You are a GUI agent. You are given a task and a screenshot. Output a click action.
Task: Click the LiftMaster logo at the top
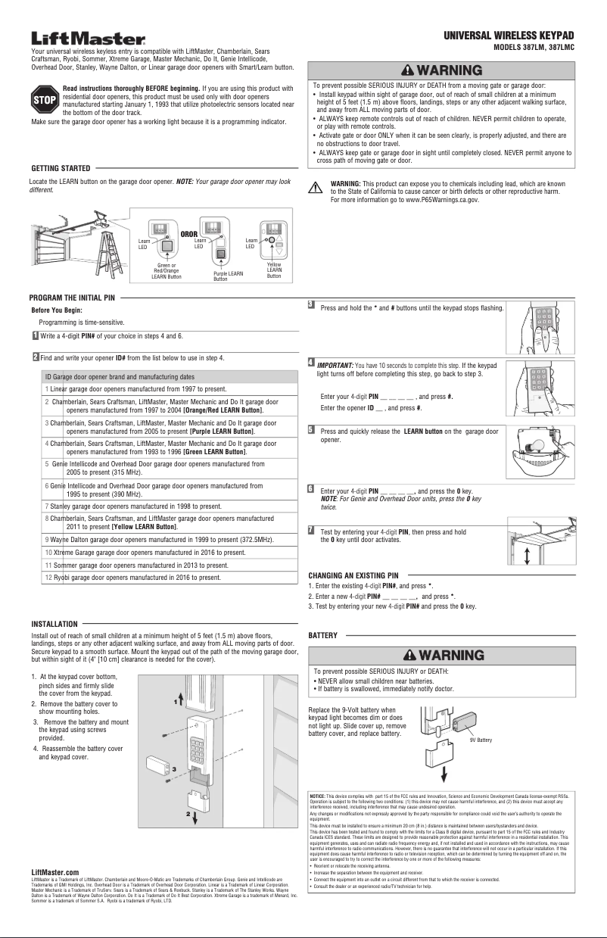88,39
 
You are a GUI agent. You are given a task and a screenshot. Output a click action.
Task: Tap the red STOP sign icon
45,99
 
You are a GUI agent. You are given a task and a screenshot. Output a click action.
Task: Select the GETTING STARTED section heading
61,167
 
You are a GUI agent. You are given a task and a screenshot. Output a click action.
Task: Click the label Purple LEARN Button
228,276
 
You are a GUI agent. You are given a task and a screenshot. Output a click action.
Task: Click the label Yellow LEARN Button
274,270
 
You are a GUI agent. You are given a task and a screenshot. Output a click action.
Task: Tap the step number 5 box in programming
310,429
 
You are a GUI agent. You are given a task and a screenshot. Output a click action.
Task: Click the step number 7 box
310,529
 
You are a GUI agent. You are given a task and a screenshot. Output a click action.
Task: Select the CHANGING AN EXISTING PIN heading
353,575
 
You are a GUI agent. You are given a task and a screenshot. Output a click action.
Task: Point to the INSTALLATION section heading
54,624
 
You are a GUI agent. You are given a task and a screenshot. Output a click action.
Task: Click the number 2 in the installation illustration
188,813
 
